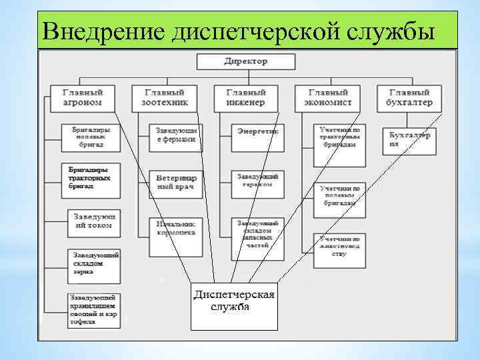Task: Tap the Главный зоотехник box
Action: tap(165, 98)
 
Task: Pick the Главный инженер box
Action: tap(245, 98)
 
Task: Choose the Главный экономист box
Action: tap(327, 98)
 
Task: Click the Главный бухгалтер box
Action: tap(410, 98)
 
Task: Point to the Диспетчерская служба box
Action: tap(234, 301)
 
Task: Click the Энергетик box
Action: tap(257, 133)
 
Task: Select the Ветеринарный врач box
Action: tap(176, 183)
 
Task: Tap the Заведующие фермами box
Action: tap(176, 135)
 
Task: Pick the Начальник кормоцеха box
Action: tap(176, 231)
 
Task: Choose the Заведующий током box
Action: tap(94, 222)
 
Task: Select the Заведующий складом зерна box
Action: tap(94, 263)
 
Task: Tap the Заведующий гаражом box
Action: tap(257, 181)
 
